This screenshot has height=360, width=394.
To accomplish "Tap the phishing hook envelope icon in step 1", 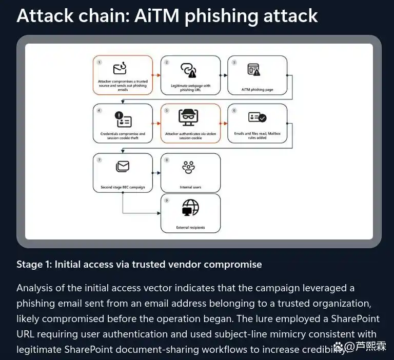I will coord(120,68).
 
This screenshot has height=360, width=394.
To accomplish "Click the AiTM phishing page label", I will coord(257,89).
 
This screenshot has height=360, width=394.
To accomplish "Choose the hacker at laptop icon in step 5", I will coord(188,117).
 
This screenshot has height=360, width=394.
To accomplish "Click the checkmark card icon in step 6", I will coord(257,117).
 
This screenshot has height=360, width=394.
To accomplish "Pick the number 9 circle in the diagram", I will coord(167,201).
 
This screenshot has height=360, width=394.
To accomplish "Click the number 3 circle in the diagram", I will coord(234,62).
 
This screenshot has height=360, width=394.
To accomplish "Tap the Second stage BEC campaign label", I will coord(123,187).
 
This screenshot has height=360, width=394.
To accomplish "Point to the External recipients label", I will coord(190,228).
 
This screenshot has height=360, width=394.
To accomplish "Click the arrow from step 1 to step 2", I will coord(156,75).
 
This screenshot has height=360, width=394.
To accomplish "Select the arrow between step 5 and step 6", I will coord(224,123).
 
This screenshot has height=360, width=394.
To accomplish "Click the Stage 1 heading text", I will coord(139,265).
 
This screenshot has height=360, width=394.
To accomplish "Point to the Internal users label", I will coord(190,187).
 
